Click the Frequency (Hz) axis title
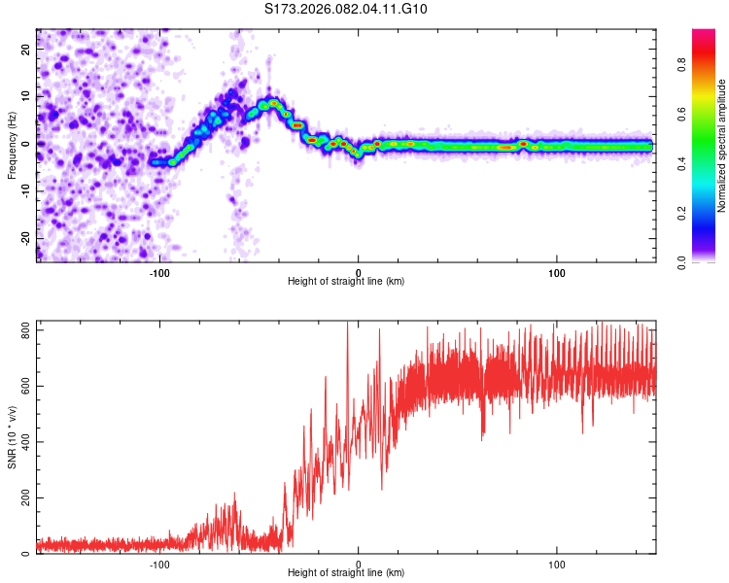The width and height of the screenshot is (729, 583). pyautogui.click(x=11, y=145)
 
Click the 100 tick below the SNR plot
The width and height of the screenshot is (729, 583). pyautogui.click(x=558, y=564)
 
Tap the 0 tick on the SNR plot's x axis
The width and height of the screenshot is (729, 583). pyautogui.click(x=359, y=564)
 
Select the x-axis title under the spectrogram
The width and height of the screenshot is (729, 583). pyautogui.click(x=346, y=282)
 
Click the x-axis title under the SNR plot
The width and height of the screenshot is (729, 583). pyautogui.click(x=346, y=574)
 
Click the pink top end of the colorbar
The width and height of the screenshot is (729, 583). pyautogui.click(x=704, y=33)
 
